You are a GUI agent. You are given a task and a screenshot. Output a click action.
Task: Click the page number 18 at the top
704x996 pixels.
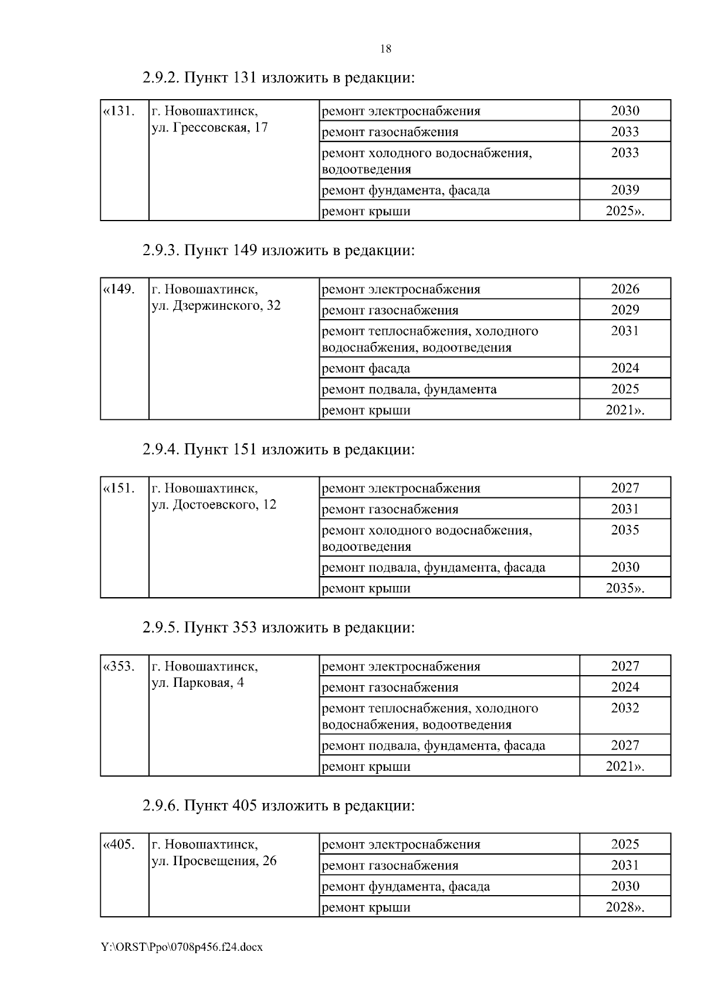(x=385, y=49)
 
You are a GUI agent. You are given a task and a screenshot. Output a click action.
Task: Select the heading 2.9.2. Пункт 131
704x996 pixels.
(x=278, y=78)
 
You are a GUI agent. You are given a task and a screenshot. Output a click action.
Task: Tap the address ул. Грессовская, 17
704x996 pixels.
(x=209, y=127)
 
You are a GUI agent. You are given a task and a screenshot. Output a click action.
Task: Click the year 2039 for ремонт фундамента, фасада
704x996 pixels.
(x=625, y=190)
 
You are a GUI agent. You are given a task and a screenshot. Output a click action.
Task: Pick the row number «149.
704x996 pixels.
(x=119, y=290)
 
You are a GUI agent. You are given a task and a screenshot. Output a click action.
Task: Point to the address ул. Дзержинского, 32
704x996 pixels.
(x=216, y=306)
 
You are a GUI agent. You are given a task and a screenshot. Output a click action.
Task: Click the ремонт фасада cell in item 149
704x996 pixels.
(x=366, y=369)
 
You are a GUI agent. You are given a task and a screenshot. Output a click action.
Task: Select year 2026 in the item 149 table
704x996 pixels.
(x=625, y=289)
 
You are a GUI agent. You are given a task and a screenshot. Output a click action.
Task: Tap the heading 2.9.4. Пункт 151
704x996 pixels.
(x=278, y=450)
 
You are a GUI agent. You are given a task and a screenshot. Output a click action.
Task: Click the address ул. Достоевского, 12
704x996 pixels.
(x=214, y=505)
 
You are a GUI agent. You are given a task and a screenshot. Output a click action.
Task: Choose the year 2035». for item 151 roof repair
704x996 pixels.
(x=625, y=588)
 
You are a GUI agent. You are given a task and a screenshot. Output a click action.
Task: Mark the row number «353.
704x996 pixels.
(x=119, y=667)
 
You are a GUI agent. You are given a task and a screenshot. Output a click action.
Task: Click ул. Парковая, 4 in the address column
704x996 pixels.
(x=198, y=683)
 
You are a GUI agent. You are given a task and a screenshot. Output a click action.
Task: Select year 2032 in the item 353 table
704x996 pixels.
(x=625, y=709)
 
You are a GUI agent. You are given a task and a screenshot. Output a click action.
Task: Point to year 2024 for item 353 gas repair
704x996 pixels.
(x=625, y=687)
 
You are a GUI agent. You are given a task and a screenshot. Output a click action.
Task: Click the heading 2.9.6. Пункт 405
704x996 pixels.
(x=278, y=806)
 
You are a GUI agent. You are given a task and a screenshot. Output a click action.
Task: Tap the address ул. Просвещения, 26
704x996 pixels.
(x=214, y=862)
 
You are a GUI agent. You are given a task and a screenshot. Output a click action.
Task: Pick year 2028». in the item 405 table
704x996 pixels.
(x=625, y=907)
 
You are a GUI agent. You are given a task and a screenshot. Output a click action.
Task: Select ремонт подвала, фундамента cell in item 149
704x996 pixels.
(x=409, y=389)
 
